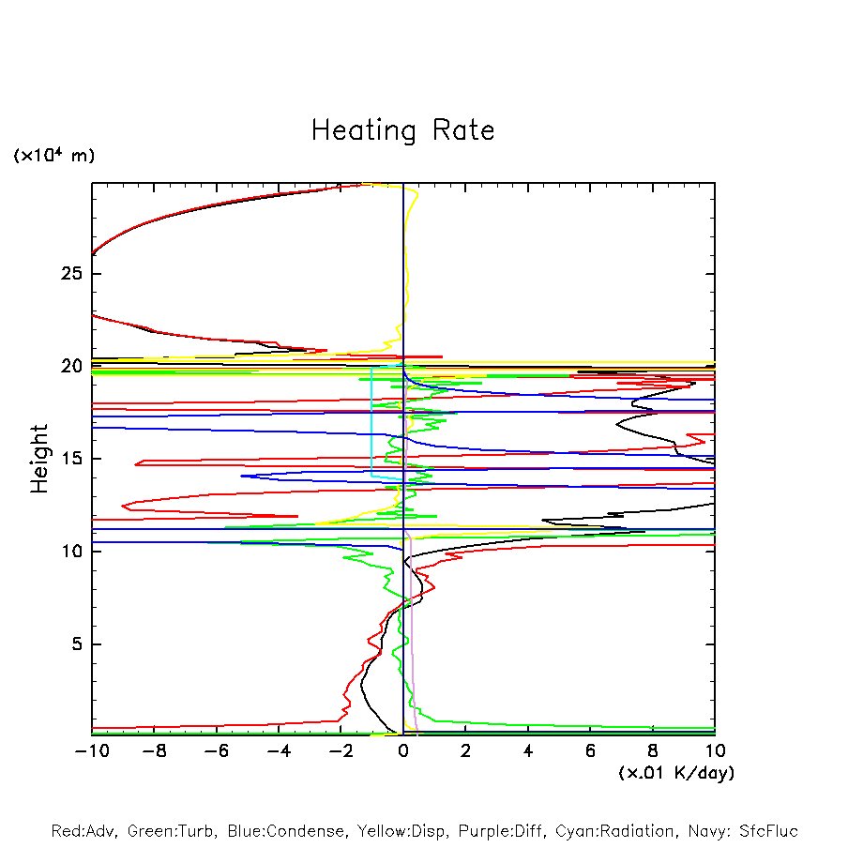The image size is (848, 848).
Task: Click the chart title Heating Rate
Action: [402, 130]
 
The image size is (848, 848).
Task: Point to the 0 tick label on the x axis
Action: [403, 750]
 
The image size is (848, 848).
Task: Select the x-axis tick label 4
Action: [528, 750]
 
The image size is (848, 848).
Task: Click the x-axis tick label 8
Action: [653, 750]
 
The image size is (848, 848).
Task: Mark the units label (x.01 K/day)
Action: [675, 773]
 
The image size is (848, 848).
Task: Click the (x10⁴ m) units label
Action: [53, 156]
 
